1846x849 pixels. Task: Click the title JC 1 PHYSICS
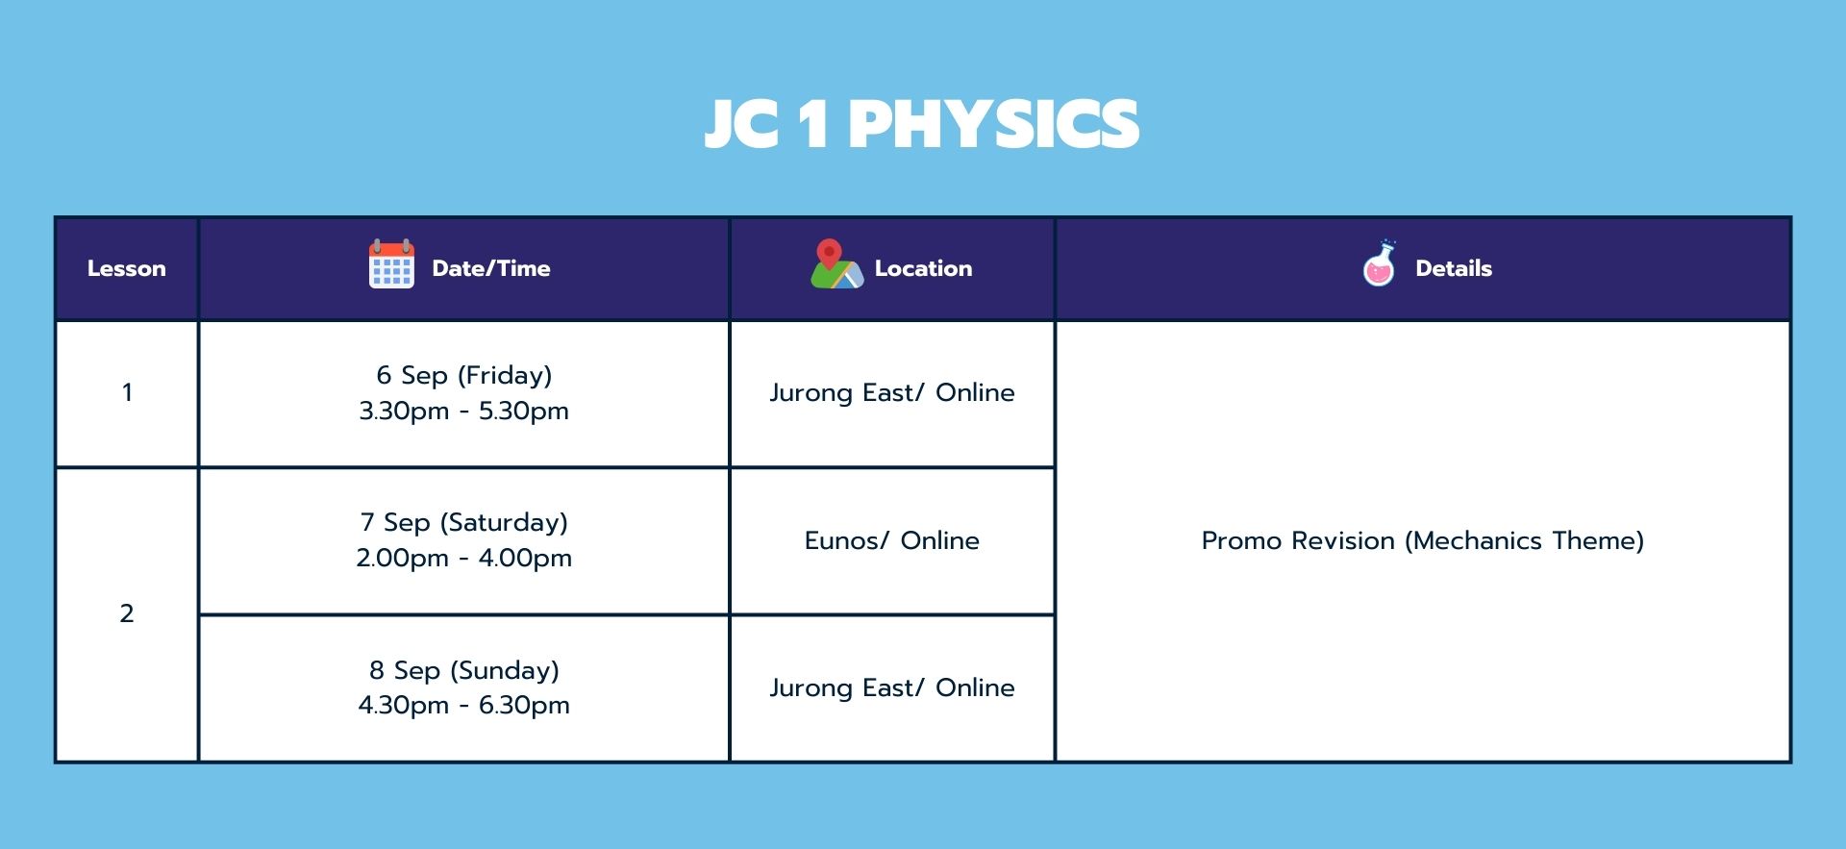(x=922, y=124)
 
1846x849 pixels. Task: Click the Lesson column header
(x=127, y=268)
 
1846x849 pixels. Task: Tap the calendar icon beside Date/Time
(x=391, y=264)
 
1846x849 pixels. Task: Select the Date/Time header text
(x=491, y=268)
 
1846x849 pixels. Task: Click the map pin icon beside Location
(x=836, y=264)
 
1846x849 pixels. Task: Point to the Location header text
(x=923, y=268)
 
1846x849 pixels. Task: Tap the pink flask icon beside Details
(x=1380, y=263)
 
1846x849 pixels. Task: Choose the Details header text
(x=1454, y=268)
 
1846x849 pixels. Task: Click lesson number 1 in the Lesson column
(x=127, y=392)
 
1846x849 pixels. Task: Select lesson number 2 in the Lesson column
(x=127, y=613)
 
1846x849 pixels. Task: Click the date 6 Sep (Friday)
(x=464, y=375)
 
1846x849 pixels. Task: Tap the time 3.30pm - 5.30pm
(x=464, y=411)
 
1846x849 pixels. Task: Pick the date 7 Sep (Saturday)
(x=464, y=522)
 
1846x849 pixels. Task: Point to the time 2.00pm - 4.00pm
(x=464, y=558)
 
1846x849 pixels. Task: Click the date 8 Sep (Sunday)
(x=464, y=670)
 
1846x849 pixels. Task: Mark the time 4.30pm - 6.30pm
(x=464, y=705)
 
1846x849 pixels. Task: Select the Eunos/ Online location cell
(x=892, y=540)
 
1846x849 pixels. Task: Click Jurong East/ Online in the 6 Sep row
(x=892, y=392)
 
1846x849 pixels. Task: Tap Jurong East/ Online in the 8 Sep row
(x=892, y=687)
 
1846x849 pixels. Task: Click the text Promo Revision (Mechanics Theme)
(x=1423, y=540)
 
